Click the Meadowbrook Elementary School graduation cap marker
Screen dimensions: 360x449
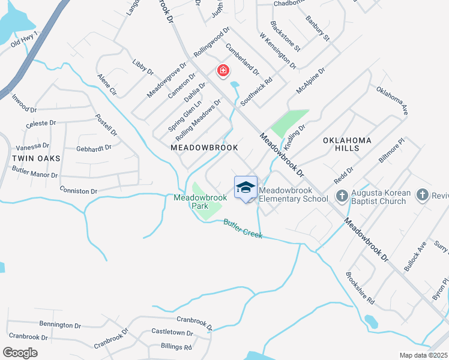click(245, 188)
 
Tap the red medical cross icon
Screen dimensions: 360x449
click(223, 72)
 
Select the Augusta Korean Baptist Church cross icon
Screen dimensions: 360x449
click(342, 197)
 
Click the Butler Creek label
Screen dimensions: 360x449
click(243, 229)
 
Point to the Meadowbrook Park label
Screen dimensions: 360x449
click(200, 201)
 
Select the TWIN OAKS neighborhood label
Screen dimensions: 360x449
click(36, 158)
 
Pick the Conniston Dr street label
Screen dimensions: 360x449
click(79, 191)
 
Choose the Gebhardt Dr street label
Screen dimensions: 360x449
click(94, 148)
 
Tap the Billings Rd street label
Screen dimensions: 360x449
click(176, 347)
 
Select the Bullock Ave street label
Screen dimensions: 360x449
click(415, 256)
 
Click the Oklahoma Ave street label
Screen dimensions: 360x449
click(393, 101)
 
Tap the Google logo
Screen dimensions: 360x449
click(21, 353)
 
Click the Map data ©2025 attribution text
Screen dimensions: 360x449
click(423, 355)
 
